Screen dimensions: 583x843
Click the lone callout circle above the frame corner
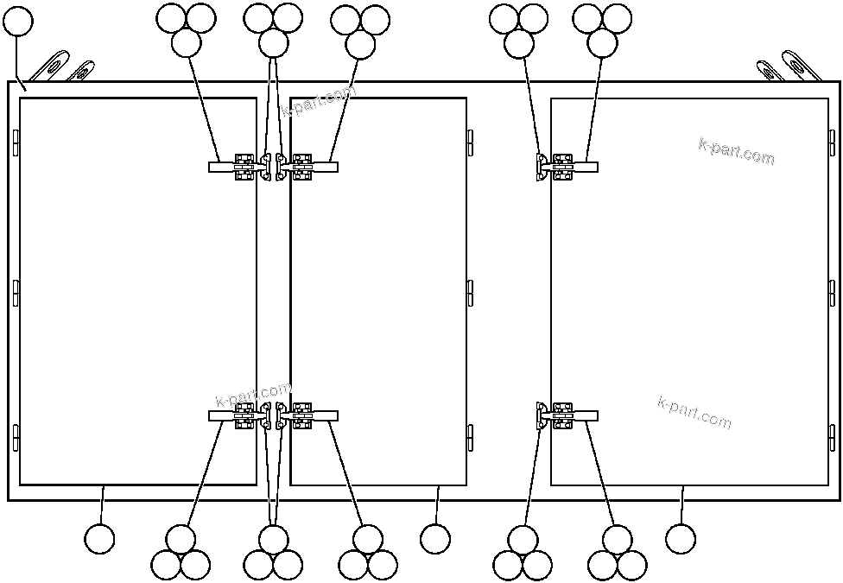click(18, 21)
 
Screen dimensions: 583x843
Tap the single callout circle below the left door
click(99, 539)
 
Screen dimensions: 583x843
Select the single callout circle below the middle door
click(435, 539)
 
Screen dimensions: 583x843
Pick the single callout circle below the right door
click(681, 539)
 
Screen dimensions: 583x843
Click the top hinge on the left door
click(16, 143)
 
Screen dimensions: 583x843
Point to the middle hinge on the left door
click(16, 293)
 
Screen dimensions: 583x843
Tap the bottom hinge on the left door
click(16, 438)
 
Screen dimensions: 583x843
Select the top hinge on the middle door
click(470, 143)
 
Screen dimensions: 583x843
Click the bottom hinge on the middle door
click(470, 438)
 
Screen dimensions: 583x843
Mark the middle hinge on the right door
click(832, 293)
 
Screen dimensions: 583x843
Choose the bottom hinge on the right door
click(832, 438)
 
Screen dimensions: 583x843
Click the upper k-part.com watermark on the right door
click(736, 151)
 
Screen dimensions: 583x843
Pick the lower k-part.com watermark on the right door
click(694, 412)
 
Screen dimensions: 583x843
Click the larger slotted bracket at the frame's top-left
click(52, 67)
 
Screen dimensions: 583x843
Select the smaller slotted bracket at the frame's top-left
click(80, 71)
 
